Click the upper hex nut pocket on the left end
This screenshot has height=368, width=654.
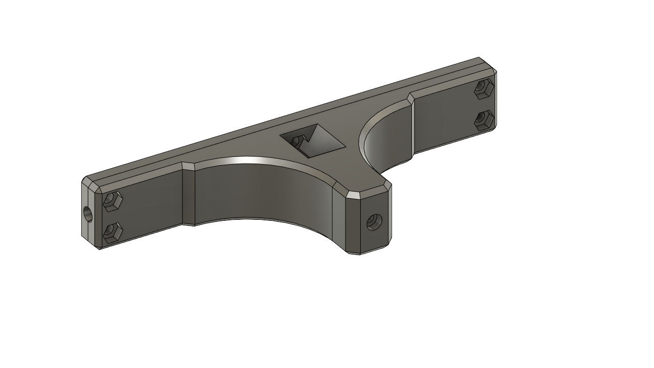(x=112, y=201)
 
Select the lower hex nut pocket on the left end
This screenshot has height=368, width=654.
(x=112, y=233)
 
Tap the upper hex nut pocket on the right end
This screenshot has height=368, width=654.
(x=483, y=89)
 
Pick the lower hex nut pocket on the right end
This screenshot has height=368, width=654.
(x=483, y=121)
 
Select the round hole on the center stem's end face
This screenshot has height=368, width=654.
(x=373, y=222)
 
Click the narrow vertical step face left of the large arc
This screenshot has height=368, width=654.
(x=189, y=197)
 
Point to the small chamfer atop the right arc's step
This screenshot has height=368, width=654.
(x=411, y=98)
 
